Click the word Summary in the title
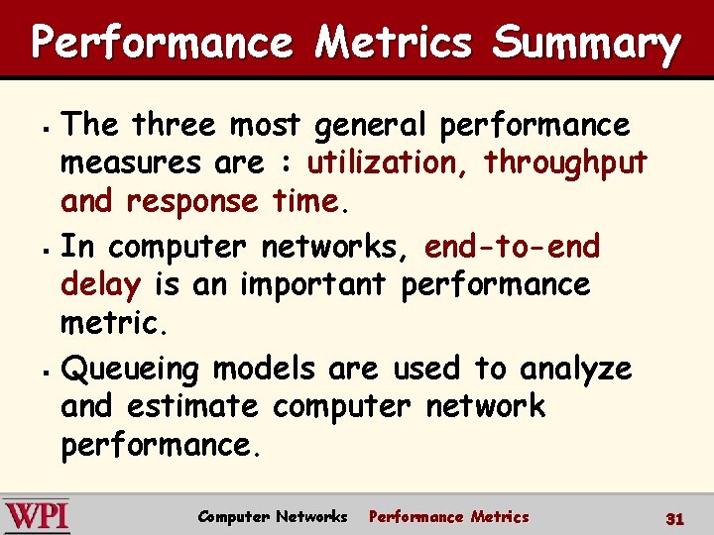(x=586, y=44)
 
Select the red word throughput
(x=565, y=162)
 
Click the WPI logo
(x=36, y=516)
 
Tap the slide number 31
(x=675, y=517)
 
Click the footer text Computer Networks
(x=273, y=516)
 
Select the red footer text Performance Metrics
(x=449, y=516)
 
